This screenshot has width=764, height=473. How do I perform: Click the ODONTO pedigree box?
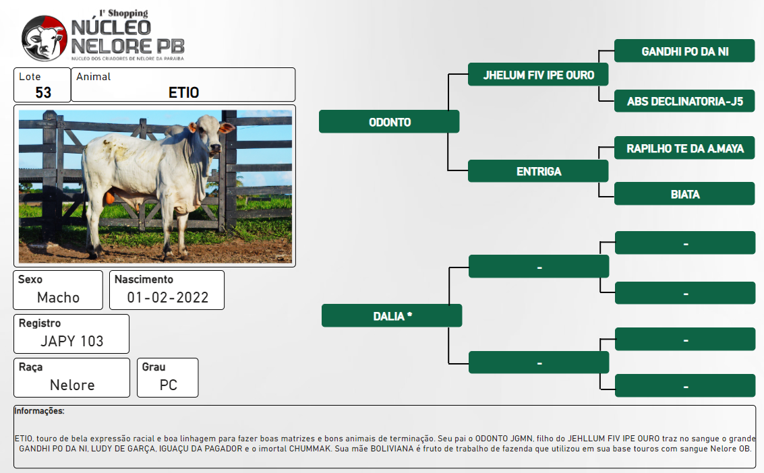click(389, 121)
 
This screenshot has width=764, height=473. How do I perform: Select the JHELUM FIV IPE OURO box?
click(538, 74)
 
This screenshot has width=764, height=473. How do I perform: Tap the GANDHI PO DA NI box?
click(684, 51)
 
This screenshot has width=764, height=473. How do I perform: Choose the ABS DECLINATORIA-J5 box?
click(684, 101)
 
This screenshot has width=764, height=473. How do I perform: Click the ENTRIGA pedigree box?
click(538, 171)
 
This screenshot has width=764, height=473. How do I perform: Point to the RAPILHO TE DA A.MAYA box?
click(684, 148)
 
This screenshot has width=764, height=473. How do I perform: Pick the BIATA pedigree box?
click(684, 193)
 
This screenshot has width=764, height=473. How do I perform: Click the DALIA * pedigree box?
click(392, 315)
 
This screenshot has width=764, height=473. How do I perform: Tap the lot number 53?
click(43, 92)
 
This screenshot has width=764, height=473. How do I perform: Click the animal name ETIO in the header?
click(183, 92)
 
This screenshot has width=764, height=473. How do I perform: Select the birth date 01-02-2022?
click(168, 297)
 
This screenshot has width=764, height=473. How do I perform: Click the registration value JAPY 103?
click(71, 341)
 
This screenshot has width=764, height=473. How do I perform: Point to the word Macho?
click(58, 297)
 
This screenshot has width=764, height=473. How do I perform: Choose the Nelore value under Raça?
click(72, 385)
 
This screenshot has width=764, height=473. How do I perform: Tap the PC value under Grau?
click(168, 385)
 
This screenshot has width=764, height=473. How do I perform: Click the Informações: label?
click(39, 411)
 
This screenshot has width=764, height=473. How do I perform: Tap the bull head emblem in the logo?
click(45, 38)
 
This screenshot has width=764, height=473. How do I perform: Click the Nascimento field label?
click(144, 280)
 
